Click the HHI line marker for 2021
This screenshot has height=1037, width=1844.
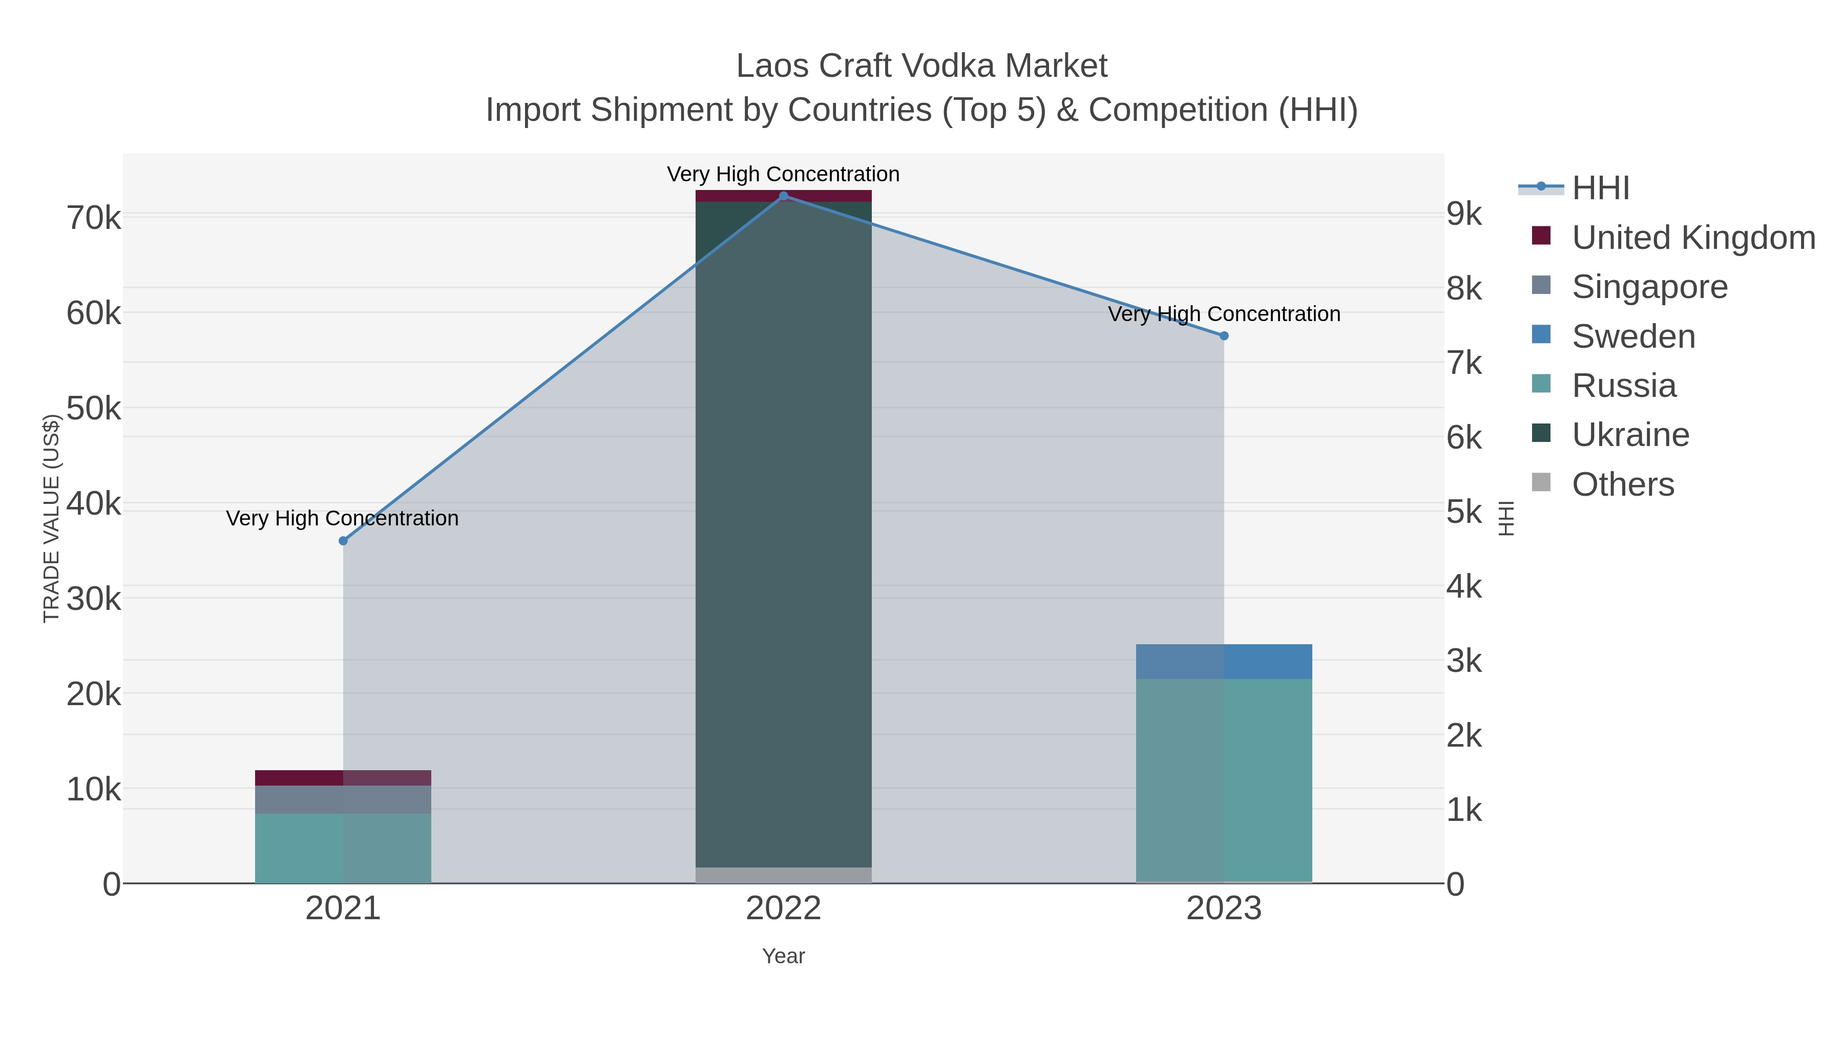(x=343, y=541)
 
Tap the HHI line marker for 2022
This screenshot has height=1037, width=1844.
(x=783, y=196)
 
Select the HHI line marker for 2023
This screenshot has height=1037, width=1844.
(x=1224, y=335)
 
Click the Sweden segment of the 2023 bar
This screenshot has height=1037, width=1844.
(x=1224, y=661)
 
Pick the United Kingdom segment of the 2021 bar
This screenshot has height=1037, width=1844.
(x=343, y=777)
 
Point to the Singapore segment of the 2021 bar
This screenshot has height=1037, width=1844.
(x=343, y=799)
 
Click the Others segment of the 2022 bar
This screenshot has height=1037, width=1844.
(x=783, y=875)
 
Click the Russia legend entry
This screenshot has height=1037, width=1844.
(x=1624, y=386)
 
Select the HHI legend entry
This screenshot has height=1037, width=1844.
(x=1601, y=188)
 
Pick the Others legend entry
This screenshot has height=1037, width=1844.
(x=1623, y=484)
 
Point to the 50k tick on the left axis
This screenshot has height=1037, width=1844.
(x=94, y=409)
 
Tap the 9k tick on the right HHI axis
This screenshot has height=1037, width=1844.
(x=1464, y=214)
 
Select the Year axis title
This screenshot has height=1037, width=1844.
(x=783, y=956)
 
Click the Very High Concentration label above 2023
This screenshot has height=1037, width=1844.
(x=1224, y=314)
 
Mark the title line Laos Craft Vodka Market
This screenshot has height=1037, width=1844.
(x=921, y=66)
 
